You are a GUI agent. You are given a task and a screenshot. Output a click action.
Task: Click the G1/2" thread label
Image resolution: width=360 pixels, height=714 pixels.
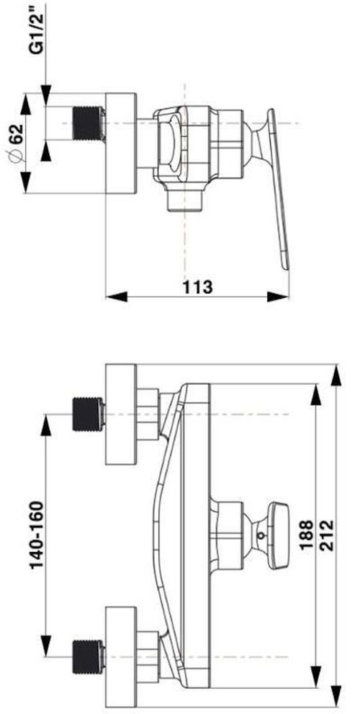click(x=37, y=29)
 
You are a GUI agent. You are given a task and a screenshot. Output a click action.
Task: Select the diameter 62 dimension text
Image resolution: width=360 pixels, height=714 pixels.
click(x=16, y=144)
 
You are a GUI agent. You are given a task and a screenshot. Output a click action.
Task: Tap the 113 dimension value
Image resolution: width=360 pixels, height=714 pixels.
click(x=197, y=287)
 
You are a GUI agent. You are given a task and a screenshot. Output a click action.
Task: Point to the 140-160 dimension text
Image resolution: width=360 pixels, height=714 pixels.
click(x=37, y=535)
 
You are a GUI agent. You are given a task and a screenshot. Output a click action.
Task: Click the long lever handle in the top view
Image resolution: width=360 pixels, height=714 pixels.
click(x=278, y=189)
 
